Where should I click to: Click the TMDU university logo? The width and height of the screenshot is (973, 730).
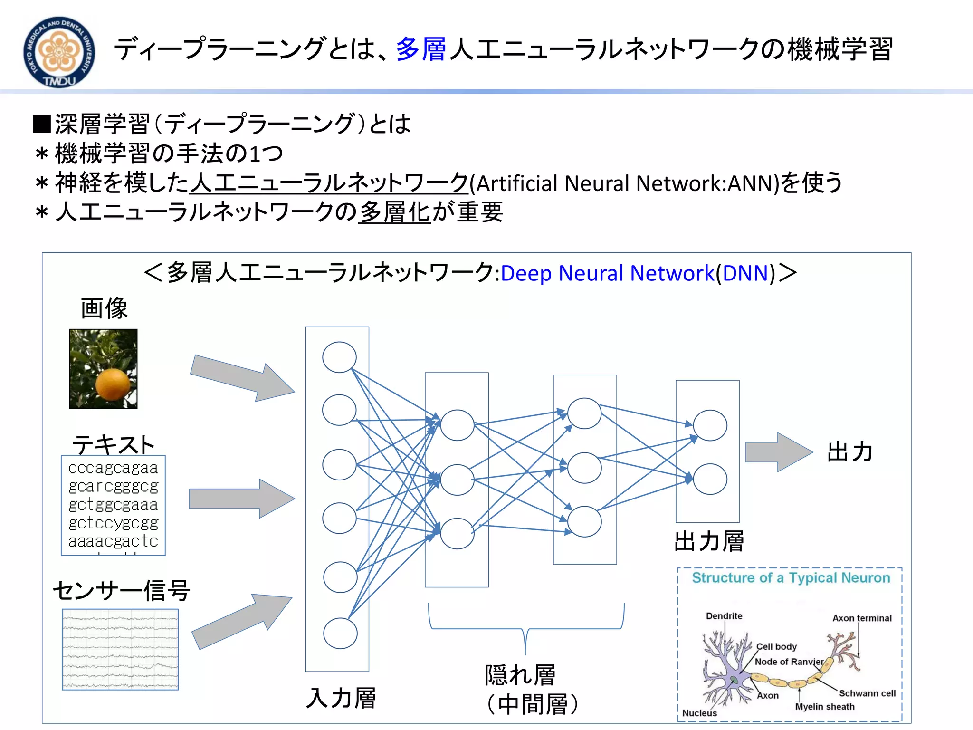(59, 52)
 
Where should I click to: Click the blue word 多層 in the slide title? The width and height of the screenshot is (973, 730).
(421, 49)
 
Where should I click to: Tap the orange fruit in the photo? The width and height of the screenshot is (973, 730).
(113, 384)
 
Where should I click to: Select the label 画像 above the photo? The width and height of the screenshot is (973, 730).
(104, 308)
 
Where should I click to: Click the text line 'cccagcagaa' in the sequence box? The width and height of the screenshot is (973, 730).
(113, 468)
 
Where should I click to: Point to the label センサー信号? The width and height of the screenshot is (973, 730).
(122, 591)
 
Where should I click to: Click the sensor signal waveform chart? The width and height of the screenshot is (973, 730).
(120, 649)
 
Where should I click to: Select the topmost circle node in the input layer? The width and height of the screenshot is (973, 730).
(339, 357)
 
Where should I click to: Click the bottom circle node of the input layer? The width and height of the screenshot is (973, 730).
(340, 634)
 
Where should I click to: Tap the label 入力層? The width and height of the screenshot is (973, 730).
(341, 698)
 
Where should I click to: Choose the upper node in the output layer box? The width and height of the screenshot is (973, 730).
(710, 425)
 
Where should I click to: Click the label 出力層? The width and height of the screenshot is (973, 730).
(709, 541)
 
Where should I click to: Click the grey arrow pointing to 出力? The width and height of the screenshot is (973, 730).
(778, 452)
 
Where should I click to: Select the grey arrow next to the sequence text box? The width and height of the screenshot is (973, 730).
(241, 499)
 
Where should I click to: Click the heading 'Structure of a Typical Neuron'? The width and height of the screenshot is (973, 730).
(791, 578)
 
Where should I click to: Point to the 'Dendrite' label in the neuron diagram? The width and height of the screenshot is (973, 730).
(724, 616)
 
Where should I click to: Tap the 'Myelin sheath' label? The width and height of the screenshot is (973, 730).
(825, 707)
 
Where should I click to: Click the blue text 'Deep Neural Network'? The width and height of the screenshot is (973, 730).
(607, 273)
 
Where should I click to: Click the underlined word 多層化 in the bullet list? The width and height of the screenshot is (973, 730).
(394, 212)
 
